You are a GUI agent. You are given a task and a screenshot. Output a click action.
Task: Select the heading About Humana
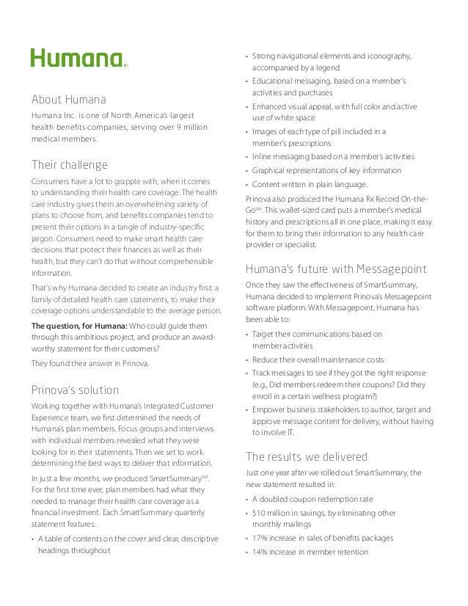click(x=68, y=99)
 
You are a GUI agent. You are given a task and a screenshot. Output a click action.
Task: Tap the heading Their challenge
click(x=69, y=164)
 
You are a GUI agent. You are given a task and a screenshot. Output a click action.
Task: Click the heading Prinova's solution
click(x=74, y=389)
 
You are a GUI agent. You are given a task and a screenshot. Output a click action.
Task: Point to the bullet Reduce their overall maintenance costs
click(x=318, y=359)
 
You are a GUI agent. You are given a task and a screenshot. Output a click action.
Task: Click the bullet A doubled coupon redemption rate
click(x=312, y=499)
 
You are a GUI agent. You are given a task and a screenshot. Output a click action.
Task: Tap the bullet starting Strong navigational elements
click(x=331, y=56)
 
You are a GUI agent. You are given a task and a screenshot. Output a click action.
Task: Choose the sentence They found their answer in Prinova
click(x=89, y=362)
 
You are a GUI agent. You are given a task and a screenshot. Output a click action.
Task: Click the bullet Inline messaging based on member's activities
click(x=333, y=157)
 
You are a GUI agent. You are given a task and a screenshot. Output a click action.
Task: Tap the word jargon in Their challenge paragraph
click(x=44, y=238)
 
